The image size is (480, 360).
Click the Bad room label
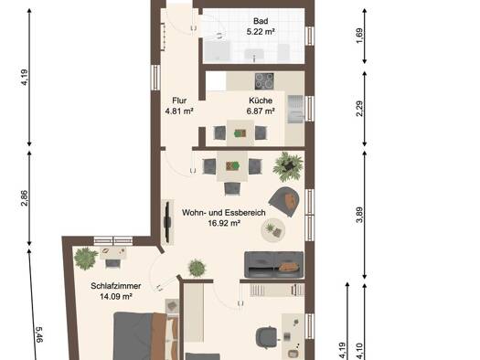pyautogui.click(x=261, y=21)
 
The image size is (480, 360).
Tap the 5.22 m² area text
pyautogui.click(x=261, y=31)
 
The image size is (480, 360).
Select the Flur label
pyautogui.click(x=179, y=101)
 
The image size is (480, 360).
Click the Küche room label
pyautogui.click(x=261, y=101)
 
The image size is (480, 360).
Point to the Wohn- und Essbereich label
pyautogui.click(x=224, y=213)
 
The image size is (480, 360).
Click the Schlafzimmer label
pyautogui.click(x=116, y=286)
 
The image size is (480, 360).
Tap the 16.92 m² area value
pyautogui.click(x=224, y=223)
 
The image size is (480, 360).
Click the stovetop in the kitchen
pyautogui.click(x=264, y=81)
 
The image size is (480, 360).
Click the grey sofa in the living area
pyautogui.click(x=274, y=265)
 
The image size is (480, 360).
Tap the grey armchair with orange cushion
pyautogui.click(x=284, y=202)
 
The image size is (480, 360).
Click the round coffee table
pyautogui.click(x=273, y=229)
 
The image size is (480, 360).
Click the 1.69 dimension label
pyautogui.click(x=359, y=36)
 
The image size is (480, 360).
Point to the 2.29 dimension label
pyautogui.click(x=359, y=109)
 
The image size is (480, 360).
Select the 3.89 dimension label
pyautogui.click(x=359, y=215)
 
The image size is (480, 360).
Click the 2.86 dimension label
pyautogui.click(x=25, y=198)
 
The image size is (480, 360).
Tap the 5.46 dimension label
pyautogui.click(x=39, y=334)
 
